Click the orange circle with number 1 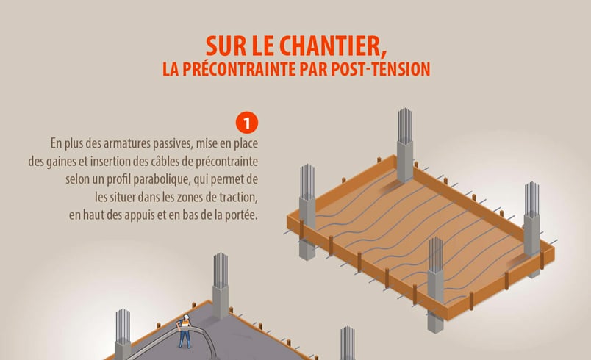(x=246, y=121)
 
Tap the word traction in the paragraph (x=241, y=197)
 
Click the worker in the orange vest (x=186, y=331)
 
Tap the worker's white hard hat (x=187, y=317)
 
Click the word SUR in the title (x=224, y=47)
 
